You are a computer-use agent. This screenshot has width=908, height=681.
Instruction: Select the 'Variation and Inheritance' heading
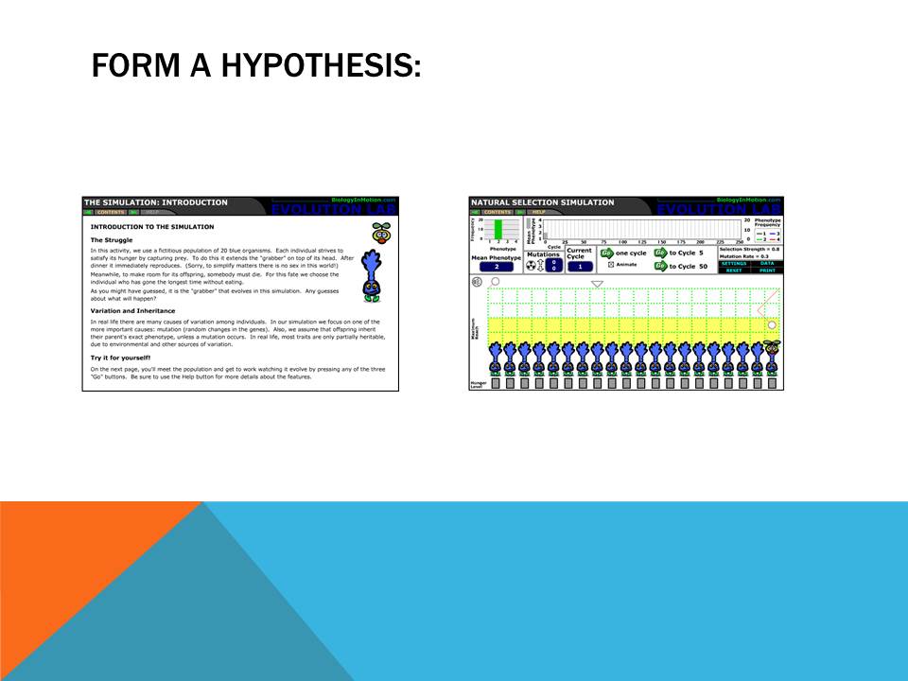132,311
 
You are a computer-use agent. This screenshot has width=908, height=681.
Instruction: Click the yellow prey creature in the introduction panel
381,232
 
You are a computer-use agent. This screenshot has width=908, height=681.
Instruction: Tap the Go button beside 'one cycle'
607,253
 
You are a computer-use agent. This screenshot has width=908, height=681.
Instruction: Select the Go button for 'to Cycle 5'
660,253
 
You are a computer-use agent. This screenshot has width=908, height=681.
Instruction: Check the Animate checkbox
611,264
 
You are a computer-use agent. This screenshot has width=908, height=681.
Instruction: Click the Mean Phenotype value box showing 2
496,267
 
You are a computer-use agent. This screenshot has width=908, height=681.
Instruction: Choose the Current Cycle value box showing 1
580,267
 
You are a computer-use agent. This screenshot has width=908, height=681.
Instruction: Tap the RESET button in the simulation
734,270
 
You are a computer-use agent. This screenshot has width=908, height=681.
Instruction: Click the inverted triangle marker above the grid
597,284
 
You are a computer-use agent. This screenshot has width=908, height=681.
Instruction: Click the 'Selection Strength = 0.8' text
749,248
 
